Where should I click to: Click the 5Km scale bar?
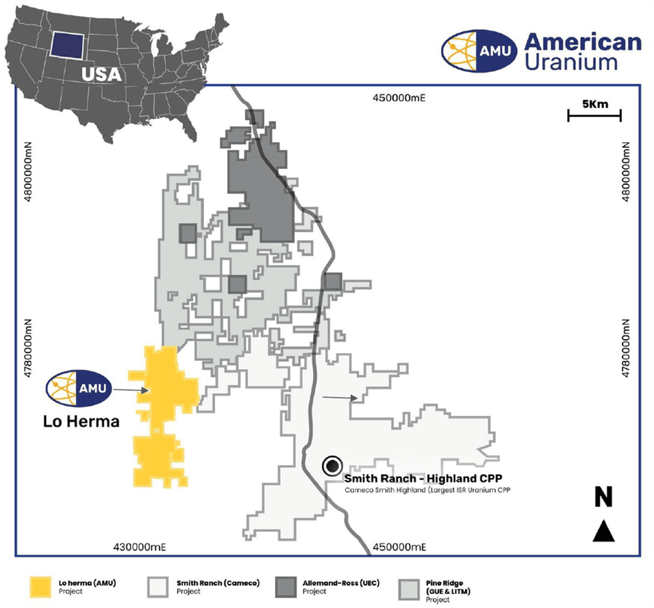594,115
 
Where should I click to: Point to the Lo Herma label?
81,421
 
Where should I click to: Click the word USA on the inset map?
101,73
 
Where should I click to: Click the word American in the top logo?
583,42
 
